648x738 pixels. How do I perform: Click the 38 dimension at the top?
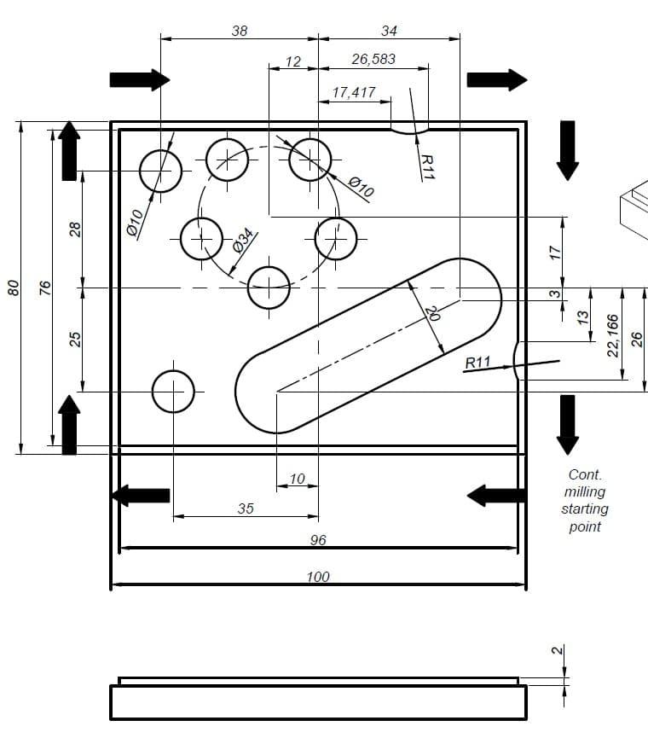pos(240,31)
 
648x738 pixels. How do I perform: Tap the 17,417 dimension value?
pos(354,92)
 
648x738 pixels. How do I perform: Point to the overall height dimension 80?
pos(13,288)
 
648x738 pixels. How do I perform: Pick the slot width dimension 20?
pos(432,313)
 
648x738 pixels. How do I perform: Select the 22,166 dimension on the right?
pos(612,335)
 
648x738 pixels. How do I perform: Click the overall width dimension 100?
pos(318,578)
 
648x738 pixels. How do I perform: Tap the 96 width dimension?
pos(318,541)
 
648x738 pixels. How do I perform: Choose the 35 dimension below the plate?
pos(246,508)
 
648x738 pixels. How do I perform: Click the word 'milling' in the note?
pos(585,491)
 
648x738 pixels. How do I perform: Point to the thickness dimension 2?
pos(557,651)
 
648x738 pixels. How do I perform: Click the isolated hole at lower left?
pos(173,392)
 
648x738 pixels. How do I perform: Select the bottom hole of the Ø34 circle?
pos(269,288)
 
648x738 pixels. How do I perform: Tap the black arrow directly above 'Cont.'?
pos(567,424)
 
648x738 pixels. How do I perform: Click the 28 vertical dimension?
pos(75,229)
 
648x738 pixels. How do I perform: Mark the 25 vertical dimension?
pos(75,339)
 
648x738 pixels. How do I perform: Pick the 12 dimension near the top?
pos(293,61)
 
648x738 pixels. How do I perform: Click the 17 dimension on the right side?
pos(555,253)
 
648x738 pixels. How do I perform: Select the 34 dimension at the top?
pos(389,31)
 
